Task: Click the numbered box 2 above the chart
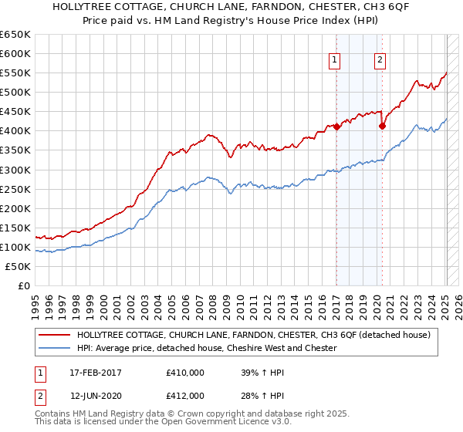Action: [x=381, y=61]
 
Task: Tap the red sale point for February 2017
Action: [x=336, y=127]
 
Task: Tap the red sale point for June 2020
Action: [x=382, y=127]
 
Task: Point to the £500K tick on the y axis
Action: [x=17, y=93]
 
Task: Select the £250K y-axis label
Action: [x=17, y=189]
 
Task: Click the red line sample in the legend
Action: [x=54, y=335]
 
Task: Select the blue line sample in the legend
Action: [x=54, y=348]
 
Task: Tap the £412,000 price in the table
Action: [x=185, y=396]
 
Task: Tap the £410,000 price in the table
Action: [x=185, y=373]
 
